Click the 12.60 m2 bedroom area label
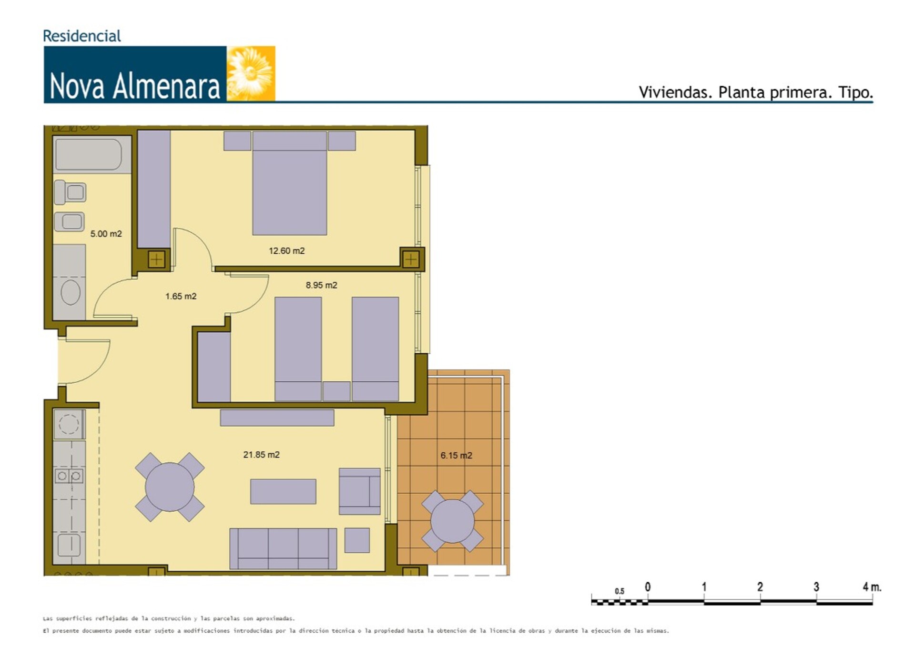[286, 251]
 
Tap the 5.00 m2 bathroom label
[106, 234]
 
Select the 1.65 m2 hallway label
[181, 296]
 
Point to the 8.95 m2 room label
[321, 285]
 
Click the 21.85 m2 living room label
[261, 455]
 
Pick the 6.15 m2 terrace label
[456, 456]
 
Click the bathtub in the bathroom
[89, 154]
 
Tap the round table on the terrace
[452, 521]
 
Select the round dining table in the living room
[170, 487]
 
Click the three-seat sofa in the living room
[283, 548]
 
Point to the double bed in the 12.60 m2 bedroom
[289, 183]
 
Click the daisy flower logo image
[251, 73]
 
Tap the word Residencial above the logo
[82, 36]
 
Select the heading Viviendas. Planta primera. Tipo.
[756, 92]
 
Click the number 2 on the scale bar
[760, 587]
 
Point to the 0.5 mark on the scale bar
[619, 591]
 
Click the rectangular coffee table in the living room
[283, 491]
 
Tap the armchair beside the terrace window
[360, 491]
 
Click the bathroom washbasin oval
[71, 292]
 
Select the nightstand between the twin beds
[336, 391]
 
